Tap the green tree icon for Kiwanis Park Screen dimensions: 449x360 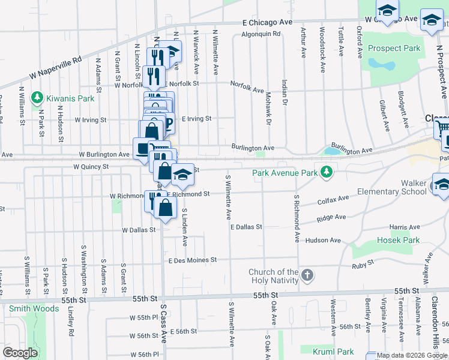point(36,97)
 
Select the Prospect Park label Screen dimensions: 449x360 point(394,49)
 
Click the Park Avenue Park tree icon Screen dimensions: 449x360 point(326,173)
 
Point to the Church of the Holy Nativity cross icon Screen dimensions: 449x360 point(307,276)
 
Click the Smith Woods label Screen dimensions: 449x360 point(34,309)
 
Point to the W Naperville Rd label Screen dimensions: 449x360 point(56,68)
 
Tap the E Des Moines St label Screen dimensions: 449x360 point(191,260)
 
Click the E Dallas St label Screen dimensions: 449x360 point(246,227)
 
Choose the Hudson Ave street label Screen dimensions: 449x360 point(323,240)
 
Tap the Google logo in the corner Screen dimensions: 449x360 point(20,353)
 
